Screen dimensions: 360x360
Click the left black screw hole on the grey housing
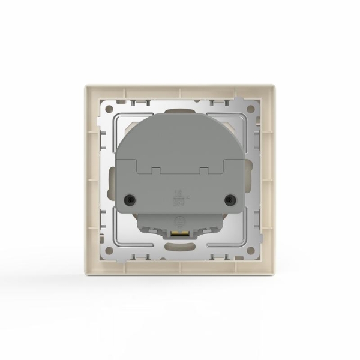129,199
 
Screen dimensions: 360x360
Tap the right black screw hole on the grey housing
229,199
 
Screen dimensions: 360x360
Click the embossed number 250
178,202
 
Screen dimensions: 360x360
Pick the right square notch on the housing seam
205,170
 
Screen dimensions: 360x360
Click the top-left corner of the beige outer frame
84,86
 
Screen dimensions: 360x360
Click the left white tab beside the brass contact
165,233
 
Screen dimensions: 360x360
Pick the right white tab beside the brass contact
193,233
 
